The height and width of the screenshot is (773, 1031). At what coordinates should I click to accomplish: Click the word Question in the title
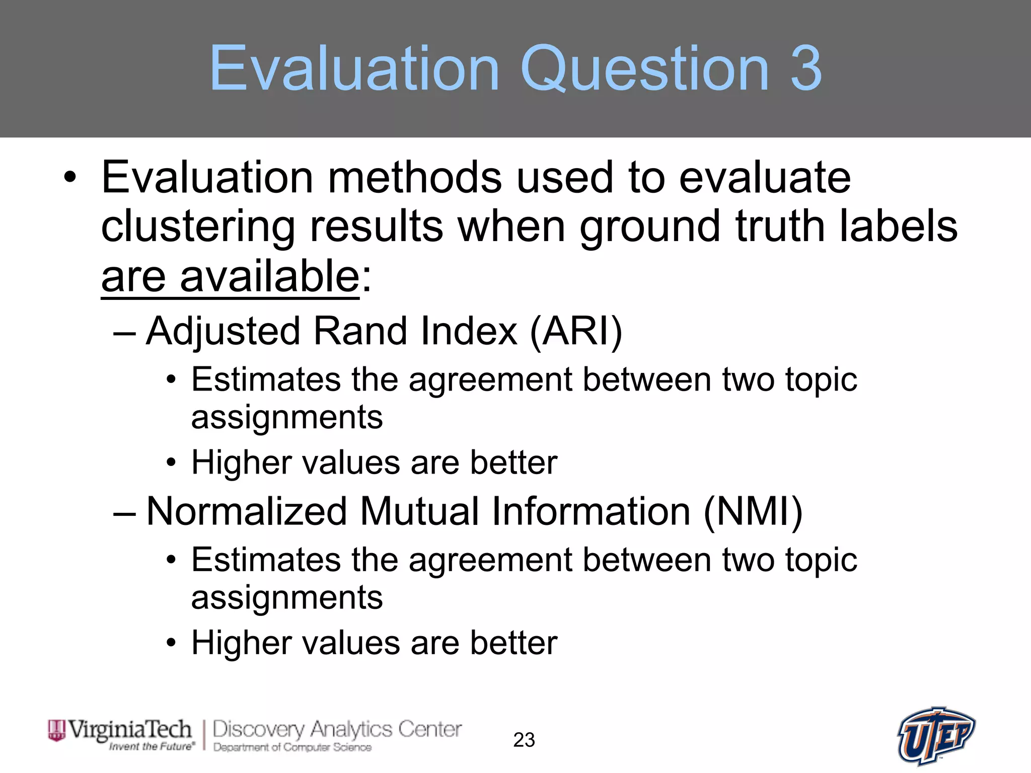click(x=645, y=69)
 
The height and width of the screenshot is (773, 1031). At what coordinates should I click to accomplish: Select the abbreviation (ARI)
click(x=576, y=331)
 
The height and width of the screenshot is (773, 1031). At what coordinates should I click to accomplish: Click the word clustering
click(x=198, y=226)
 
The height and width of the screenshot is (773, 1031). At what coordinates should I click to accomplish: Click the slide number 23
click(x=524, y=740)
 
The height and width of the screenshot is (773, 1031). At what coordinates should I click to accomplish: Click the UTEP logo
click(x=936, y=736)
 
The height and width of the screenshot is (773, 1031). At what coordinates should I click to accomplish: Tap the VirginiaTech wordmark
click(x=130, y=729)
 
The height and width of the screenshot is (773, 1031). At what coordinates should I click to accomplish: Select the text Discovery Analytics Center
click(x=337, y=729)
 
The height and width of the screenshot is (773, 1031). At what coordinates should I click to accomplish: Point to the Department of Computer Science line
click(x=292, y=747)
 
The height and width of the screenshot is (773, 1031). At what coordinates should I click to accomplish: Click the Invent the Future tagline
click(x=152, y=746)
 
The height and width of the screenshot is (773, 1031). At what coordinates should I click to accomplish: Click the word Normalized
click(x=247, y=511)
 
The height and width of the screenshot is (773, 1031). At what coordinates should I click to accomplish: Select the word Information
click(x=591, y=511)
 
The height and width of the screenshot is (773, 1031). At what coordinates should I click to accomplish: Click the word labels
click(x=898, y=226)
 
